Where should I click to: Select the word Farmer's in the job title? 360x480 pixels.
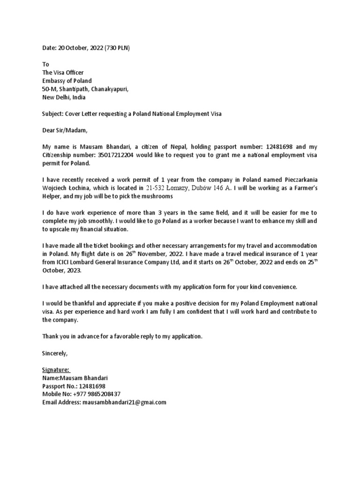click(301, 188)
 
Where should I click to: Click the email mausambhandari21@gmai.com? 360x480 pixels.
click(124, 402)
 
